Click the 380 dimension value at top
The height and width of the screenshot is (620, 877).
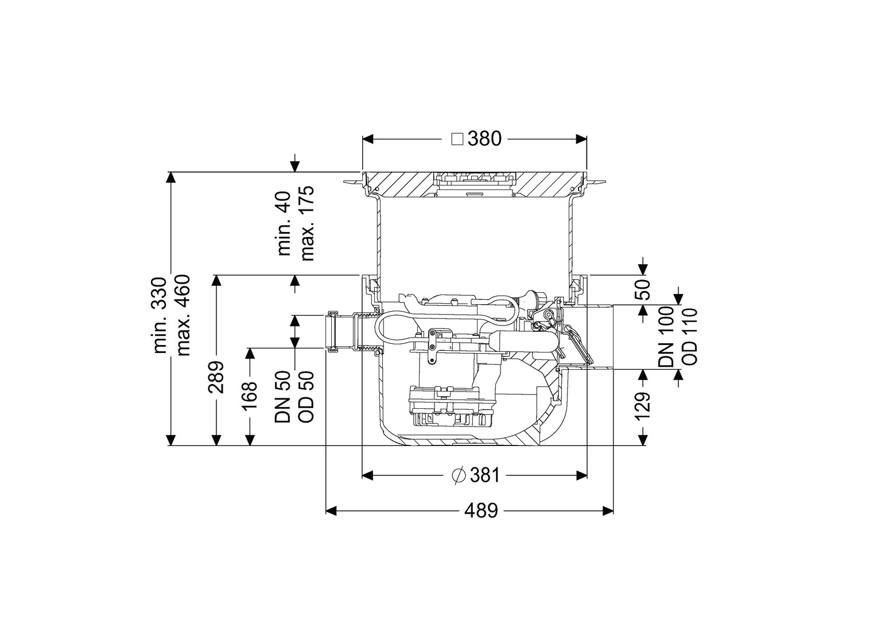tap(484, 139)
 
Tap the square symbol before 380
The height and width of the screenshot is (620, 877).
tap(457, 139)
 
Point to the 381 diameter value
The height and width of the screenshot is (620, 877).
tap(484, 476)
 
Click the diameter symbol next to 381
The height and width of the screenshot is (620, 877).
tap(458, 476)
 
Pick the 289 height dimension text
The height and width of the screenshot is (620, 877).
tap(216, 377)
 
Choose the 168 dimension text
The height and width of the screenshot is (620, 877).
tap(250, 396)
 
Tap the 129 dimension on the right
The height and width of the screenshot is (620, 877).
tap(642, 406)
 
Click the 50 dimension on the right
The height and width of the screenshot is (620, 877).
tap(642, 289)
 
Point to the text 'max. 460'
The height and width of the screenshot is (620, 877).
tap(183, 315)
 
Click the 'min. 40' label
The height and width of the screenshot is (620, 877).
tap(284, 224)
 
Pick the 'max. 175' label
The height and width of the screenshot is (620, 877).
tap(307, 224)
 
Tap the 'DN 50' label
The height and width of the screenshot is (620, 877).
tap(283, 397)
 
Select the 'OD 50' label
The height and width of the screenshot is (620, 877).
tap(306, 397)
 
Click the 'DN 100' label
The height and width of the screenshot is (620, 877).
tap(666, 336)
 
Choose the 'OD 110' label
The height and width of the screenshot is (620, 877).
tap(690, 336)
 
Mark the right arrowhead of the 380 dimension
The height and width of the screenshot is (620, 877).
tap(581, 139)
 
